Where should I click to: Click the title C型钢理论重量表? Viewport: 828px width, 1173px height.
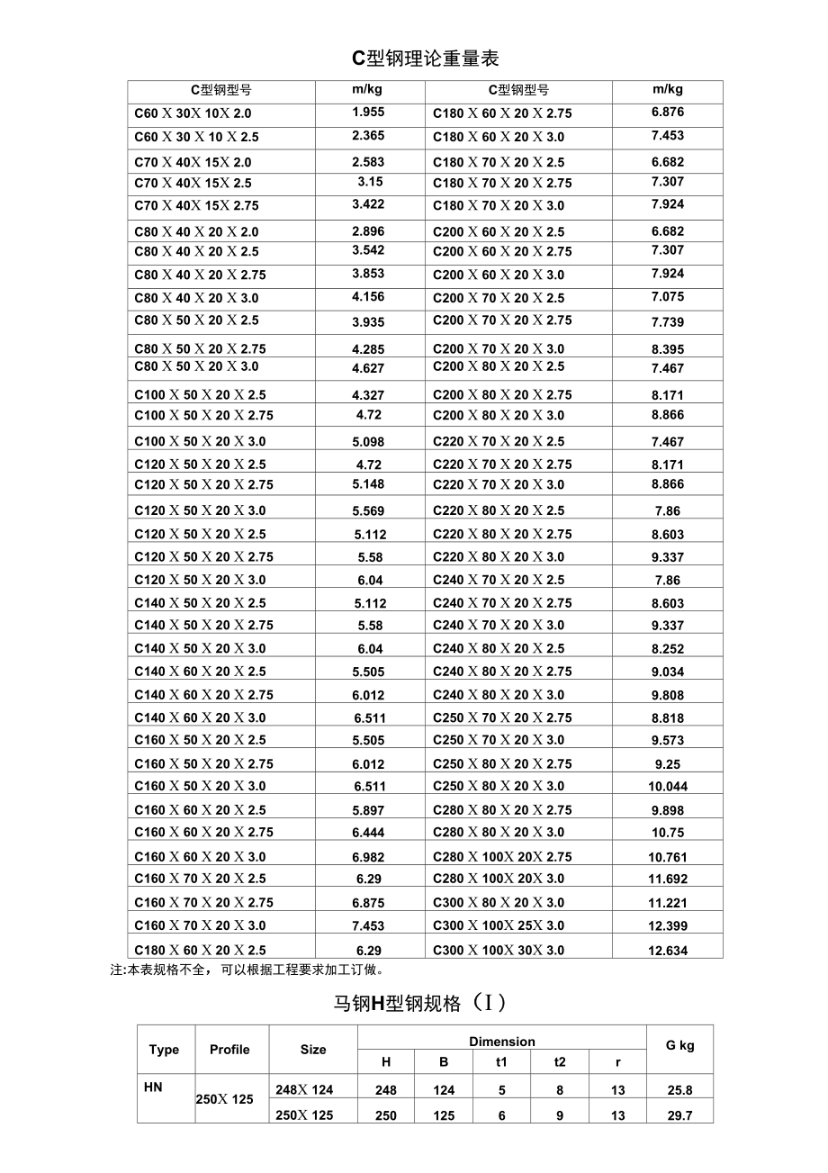pos(425,59)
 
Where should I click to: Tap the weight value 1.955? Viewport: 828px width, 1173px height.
pos(368,113)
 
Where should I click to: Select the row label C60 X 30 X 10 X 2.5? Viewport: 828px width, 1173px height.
pos(196,137)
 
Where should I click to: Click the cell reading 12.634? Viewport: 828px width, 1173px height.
pos(668,951)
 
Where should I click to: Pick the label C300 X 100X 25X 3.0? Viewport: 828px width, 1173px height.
pos(499,925)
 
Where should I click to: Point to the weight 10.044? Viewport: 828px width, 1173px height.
pos(668,786)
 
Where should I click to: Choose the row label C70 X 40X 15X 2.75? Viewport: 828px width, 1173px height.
pos(196,205)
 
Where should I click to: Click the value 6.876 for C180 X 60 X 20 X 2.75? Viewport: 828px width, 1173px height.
pos(668,113)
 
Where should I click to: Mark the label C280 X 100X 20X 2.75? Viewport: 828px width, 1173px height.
pos(502,857)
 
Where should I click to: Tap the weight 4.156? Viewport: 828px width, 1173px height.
pos(368,297)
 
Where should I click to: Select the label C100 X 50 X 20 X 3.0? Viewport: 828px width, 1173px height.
pos(200,441)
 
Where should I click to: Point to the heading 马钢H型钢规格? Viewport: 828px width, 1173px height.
pos(420,1003)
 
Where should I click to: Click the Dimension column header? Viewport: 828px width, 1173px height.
pos(502,1042)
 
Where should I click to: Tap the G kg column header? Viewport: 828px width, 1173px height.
pos(679,1046)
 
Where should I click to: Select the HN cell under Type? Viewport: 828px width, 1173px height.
pos(153,1087)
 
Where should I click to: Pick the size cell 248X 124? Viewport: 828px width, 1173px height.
pos(304,1090)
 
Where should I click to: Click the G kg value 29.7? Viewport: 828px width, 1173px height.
pos(679,1115)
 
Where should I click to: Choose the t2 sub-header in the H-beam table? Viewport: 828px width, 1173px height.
pos(560,1062)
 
